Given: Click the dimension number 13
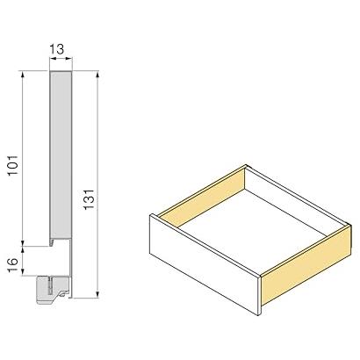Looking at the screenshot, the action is [57, 49].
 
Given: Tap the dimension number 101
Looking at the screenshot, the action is [13, 165].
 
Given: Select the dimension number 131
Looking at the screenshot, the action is [89, 199].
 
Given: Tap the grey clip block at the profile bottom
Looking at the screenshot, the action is [53, 289].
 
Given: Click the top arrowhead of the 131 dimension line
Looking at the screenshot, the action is [98, 74].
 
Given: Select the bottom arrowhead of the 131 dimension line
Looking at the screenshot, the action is [98, 294].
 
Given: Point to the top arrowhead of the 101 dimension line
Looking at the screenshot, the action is [23, 74].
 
